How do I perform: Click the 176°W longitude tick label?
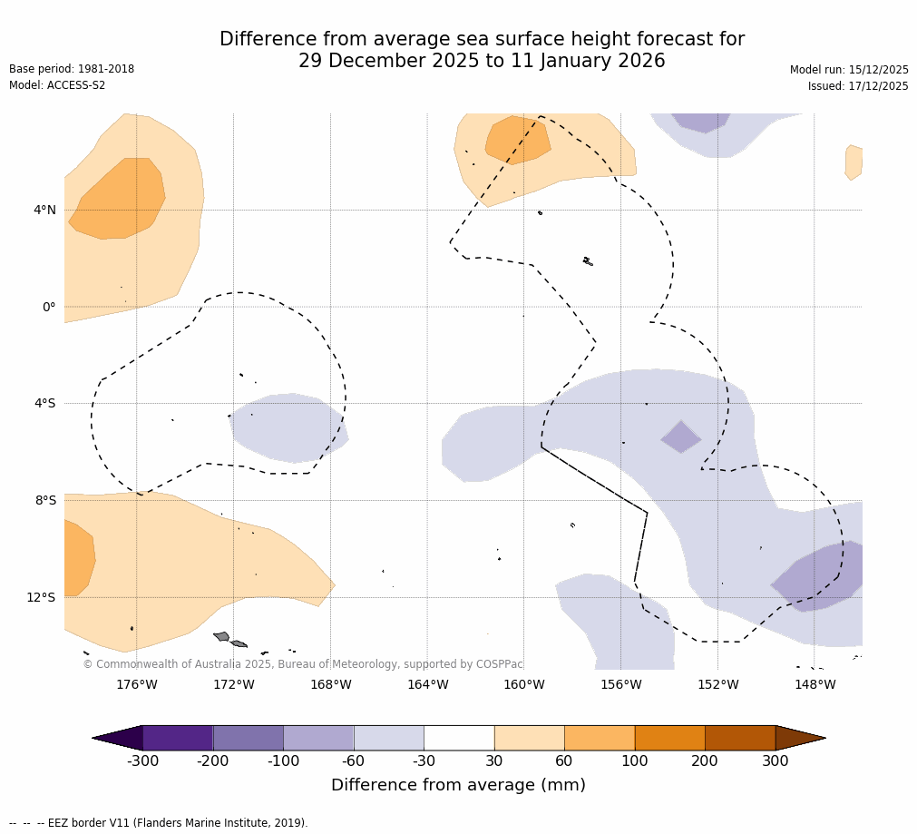[x=136, y=684]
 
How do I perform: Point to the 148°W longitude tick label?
[x=815, y=684]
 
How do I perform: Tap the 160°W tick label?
[x=524, y=684]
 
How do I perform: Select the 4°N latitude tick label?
[x=44, y=210]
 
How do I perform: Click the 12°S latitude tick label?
[x=41, y=597]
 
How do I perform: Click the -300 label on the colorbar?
[x=142, y=761]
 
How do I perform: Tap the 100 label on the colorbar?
[x=635, y=761]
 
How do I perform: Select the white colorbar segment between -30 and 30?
[x=459, y=738]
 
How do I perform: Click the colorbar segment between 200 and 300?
[x=740, y=738]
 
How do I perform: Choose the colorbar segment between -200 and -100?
[x=248, y=738]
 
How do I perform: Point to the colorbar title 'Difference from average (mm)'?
[x=458, y=785]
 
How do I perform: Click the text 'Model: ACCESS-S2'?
[x=57, y=85]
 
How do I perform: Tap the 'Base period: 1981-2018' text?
[x=72, y=69]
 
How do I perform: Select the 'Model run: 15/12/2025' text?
[x=849, y=70]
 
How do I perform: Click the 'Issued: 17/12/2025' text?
[x=858, y=86]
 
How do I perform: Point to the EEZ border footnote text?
[x=159, y=823]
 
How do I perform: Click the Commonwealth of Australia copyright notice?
[x=303, y=664]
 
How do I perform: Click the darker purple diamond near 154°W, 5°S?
[x=680, y=437]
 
